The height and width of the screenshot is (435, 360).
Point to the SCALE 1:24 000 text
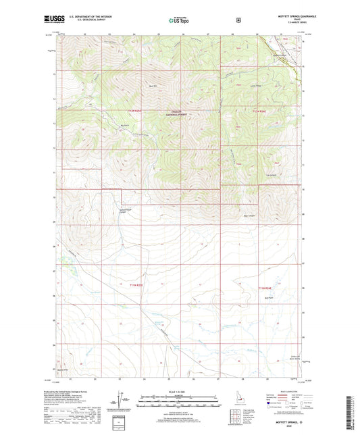click(x=180, y=391)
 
